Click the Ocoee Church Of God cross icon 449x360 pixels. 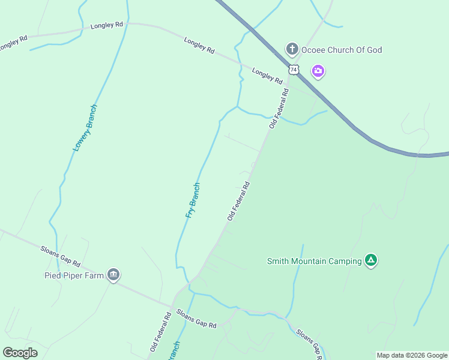coord(292,49)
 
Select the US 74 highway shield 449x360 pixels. coord(293,70)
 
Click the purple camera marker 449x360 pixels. coord(318,72)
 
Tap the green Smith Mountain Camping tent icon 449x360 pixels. coord(371,260)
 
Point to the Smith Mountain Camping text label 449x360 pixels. coord(315,261)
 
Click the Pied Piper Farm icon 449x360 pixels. coord(113,275)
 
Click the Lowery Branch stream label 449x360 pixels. coord(85,127)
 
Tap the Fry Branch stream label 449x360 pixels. coord(193,200)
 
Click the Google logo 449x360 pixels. coord(20,353)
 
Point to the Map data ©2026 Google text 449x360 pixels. coord(412,355)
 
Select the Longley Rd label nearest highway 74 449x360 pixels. coord(267,76)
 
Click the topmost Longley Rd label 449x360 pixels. coord(107,25)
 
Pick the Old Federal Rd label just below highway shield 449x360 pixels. coord(279,109)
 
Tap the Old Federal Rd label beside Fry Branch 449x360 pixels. coord(238,202)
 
